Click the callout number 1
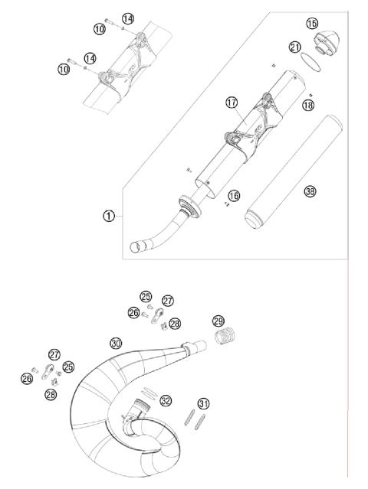pos(110,216)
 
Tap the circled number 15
pos(312,24)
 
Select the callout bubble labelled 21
pos(295,47)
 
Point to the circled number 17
pos(232,102)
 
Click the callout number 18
pos(308,106)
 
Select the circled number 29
pos(218,321)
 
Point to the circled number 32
pos(166,399)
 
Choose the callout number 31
pos(203,403)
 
